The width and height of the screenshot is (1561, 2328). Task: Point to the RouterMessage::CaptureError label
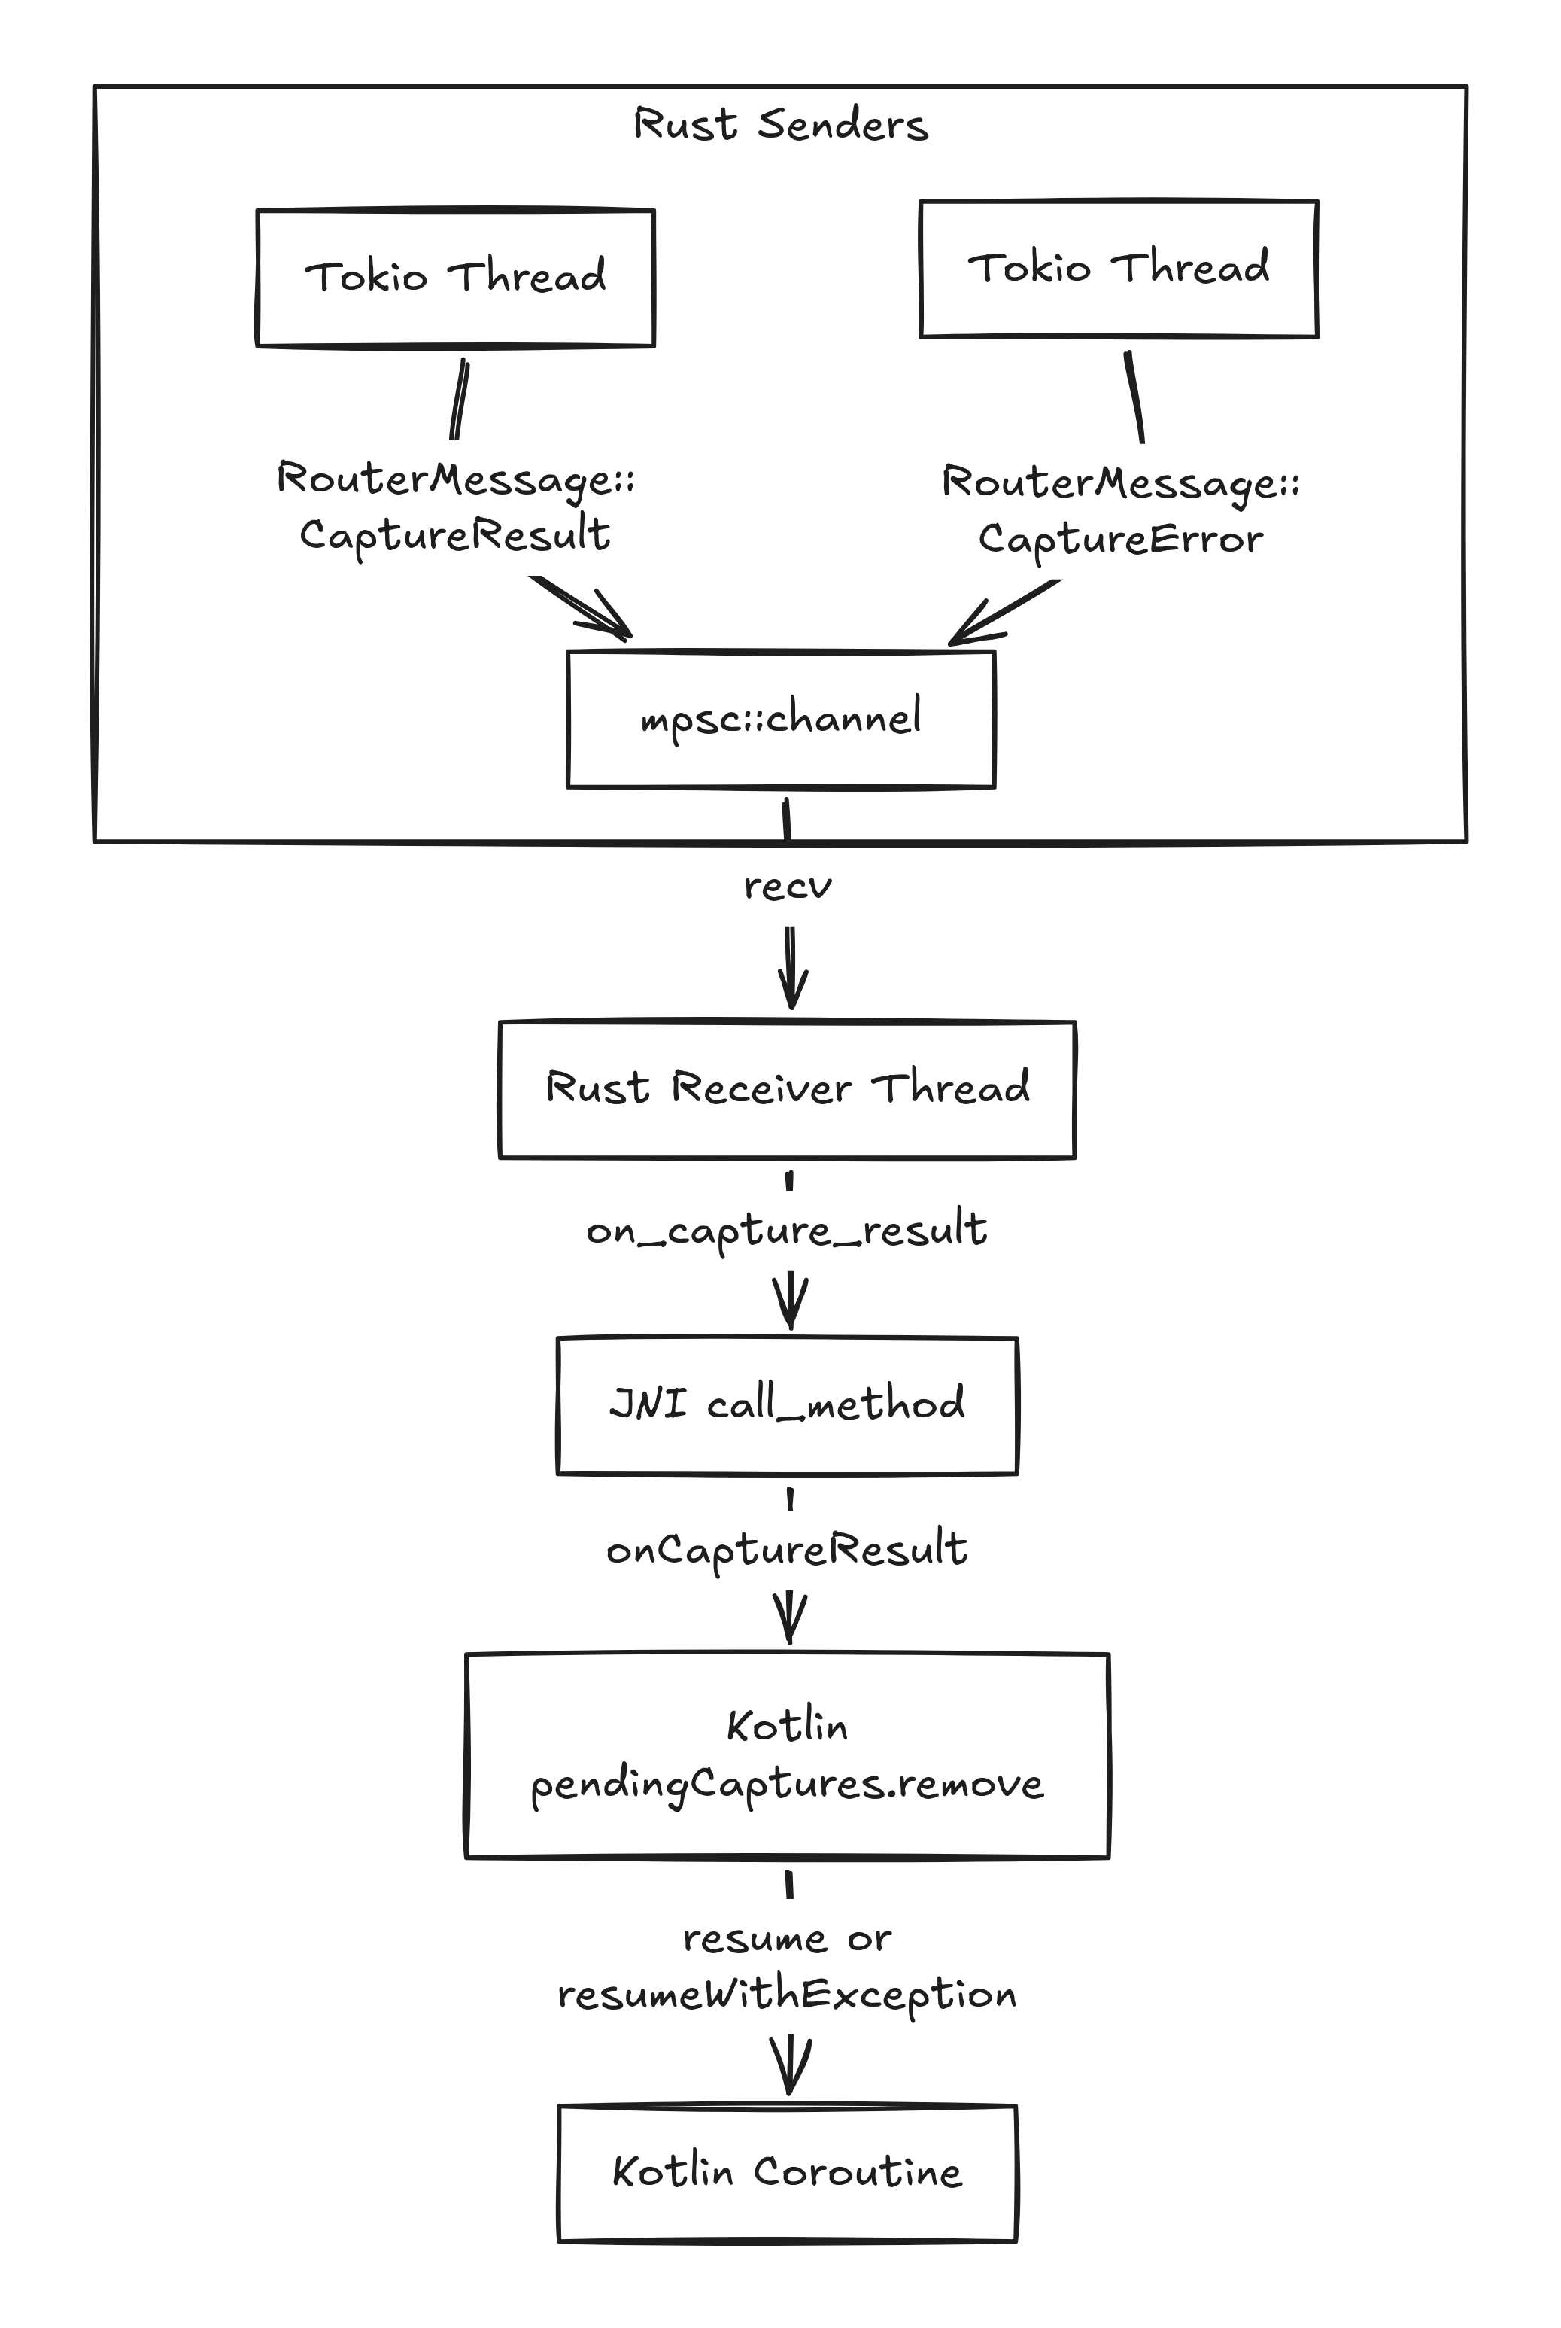[x=1121, y=511]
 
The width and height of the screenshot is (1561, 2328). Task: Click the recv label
[x=788, y=885]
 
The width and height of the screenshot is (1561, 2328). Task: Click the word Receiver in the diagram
[x=761, y=1088]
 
